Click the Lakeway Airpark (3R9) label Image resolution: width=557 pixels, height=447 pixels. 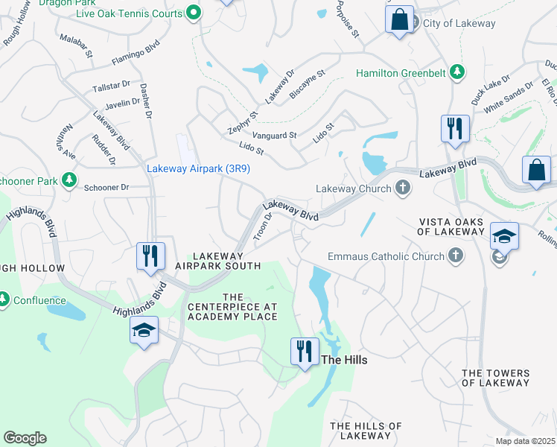click(x=197, y=169)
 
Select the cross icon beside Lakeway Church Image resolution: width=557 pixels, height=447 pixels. click(x=403, y=188)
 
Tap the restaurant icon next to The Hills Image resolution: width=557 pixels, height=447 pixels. click(x=304, y=350)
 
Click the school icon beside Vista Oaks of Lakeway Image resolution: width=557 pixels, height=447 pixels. click(x=504, y=236)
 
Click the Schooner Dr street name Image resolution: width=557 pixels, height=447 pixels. click(x=106, y=188)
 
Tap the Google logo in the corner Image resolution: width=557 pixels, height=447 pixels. click(x=25, y=438)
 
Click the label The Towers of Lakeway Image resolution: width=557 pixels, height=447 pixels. click(x=495, y=378)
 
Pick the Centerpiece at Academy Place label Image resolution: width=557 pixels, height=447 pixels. click(x=232, y=306)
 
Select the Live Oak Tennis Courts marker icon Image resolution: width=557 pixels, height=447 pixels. click(x=194, y=12)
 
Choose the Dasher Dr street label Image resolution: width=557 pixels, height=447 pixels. click(x=145, y=101)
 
